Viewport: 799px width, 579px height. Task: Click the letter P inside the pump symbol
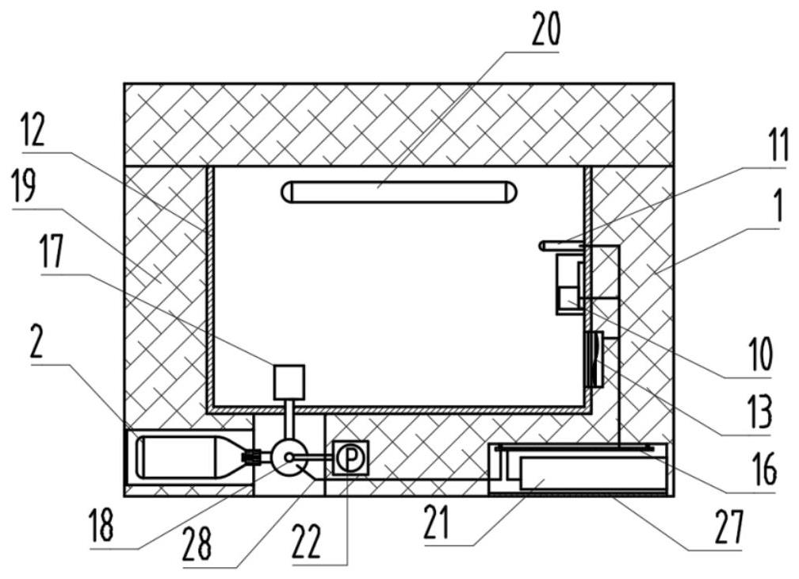(x=346, y=458)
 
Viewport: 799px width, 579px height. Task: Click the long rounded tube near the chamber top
(x=401, y=191)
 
